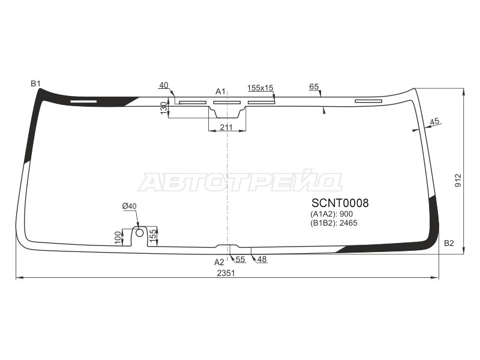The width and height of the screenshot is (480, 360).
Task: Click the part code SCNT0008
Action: pyautogui.click(x=340, y=203)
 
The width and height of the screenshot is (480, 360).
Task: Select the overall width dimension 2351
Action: pyautogui.click(x=226, y=272)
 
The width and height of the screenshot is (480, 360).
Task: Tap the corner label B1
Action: pyautogui.click(x=35, y=83)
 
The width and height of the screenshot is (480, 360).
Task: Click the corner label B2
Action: pyautogui.click(x=449, y=243)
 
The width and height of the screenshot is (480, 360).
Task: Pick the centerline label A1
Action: pyautogui.click(x=220, y=91)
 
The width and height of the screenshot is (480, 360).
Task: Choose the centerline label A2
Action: pyautogui.click(x=219, y=262)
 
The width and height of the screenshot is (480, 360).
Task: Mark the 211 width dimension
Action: pyautogui.click(x=226, y=127)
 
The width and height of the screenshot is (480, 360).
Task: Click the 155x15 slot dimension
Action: pyautogui.click(x=260, y=88)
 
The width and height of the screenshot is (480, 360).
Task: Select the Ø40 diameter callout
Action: pyautogui.click(x=130, y=206)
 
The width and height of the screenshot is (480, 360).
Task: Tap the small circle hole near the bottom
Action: pyautogui.click(x=139, y=232)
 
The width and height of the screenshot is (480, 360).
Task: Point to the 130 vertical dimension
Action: pyautogui.click(x=164, y=109)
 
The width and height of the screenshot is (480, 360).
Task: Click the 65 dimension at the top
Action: pyautogui.click(x=314, y=87)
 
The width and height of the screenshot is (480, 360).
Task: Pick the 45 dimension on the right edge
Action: pyautogui.click(x=435, y=121)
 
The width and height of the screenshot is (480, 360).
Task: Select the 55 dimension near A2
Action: pyautogui.click(x=240, y=259)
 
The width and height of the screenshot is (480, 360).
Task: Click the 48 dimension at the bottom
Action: pyautogui.click(x=262, y=259)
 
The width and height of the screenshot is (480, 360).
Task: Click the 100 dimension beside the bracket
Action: pyautogui.click(x=118, y=237)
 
